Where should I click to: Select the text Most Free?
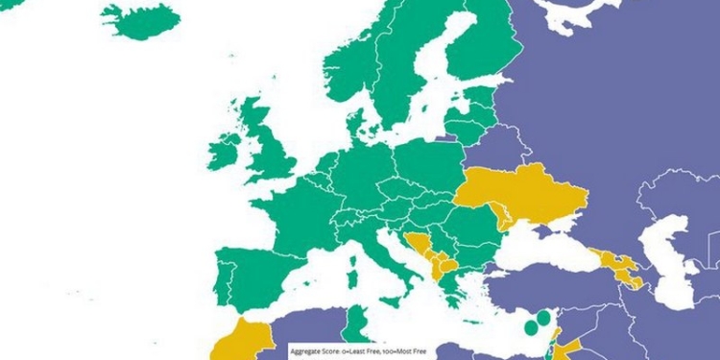pyautogui.click(x=404, y=351)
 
